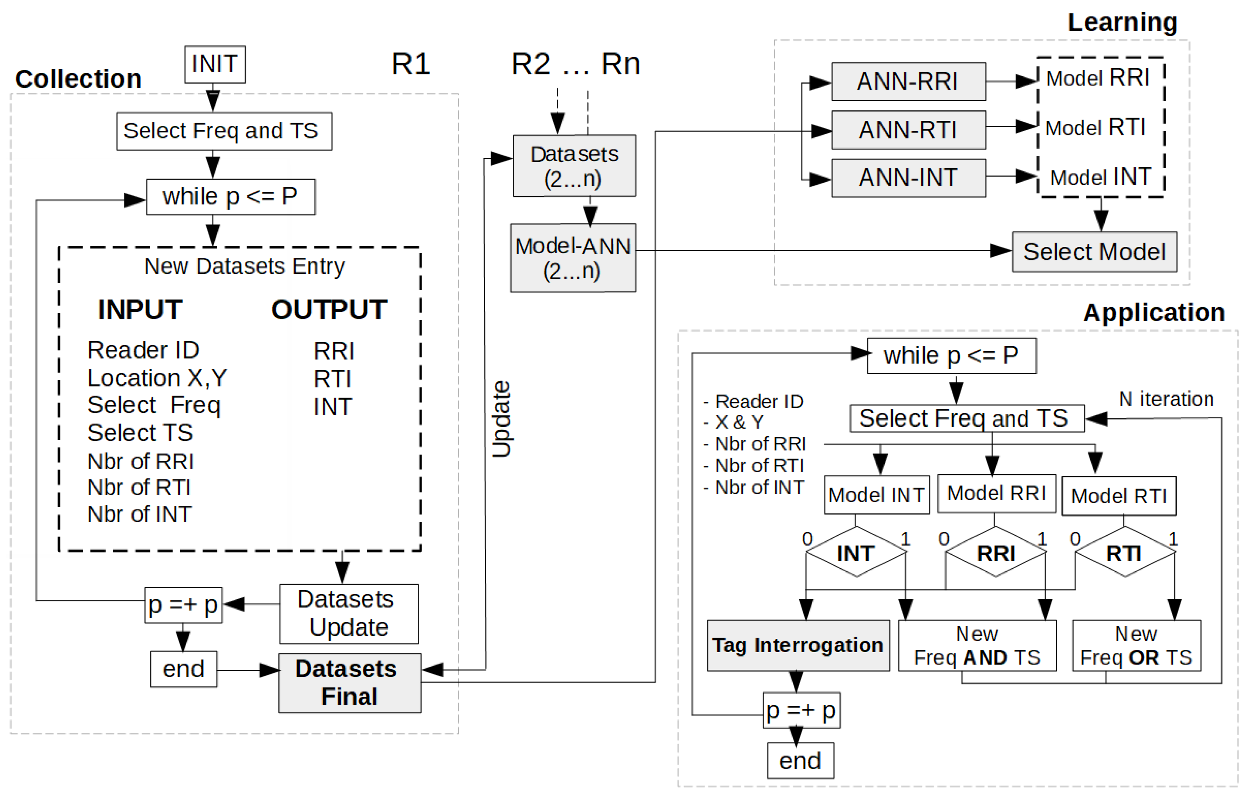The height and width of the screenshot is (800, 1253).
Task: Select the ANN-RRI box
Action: pos(908,82)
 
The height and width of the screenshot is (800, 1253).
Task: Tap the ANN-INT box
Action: pos(908,178)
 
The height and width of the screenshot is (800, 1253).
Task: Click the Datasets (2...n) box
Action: pos(574,166)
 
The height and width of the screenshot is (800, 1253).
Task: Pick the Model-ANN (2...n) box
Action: pos(572,258)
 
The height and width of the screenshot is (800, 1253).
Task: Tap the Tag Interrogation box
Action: pos(798,646)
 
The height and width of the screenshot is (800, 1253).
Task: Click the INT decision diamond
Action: pos(856,553)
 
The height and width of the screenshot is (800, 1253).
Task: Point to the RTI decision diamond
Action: pos(1125,553)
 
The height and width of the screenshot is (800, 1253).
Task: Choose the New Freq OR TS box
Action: pos(1136,646)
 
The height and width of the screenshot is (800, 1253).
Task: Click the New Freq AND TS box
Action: pos(977,646)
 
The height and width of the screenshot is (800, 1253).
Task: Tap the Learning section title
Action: pos(1122,22)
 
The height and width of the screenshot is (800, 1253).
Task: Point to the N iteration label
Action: pos(1166,399)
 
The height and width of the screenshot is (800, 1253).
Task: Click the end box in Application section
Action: pos(800,761)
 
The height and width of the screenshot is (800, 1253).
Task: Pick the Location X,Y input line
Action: pos(157,378)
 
